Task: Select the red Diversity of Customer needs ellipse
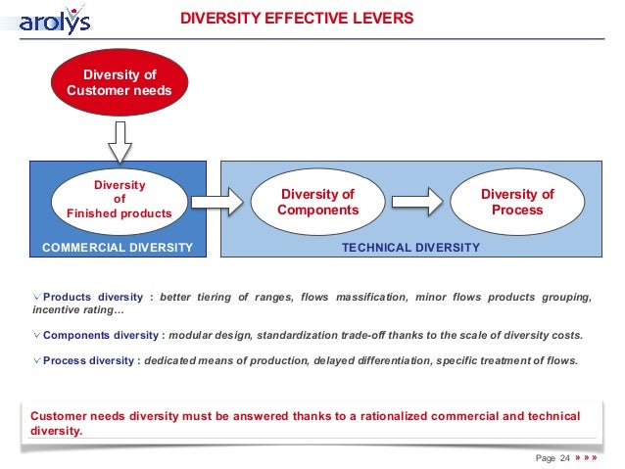tap(119, 83)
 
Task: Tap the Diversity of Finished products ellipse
tap(119, 199)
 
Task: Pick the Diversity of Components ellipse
tap(317, 203)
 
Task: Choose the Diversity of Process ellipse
tap(517, 202)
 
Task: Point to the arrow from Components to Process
tap(417, 203)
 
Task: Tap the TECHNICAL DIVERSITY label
tap(410, 248)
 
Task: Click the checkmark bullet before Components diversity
tap(36, 335)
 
